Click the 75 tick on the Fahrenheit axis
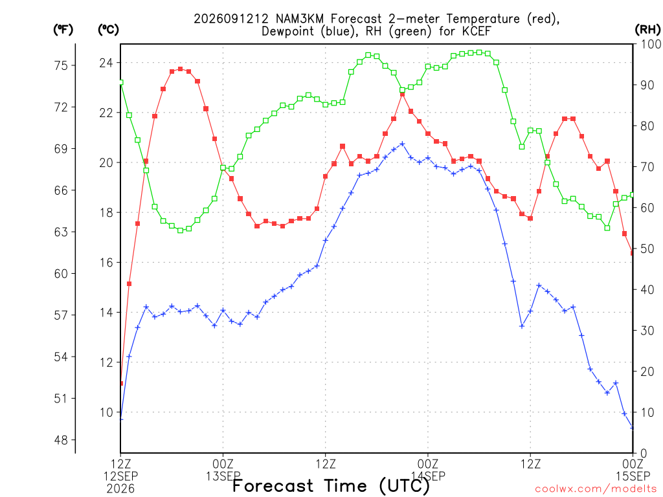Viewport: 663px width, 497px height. [61, 65]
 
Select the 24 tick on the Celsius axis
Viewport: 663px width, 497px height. [106, 63]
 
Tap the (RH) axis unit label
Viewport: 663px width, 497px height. [647, 29]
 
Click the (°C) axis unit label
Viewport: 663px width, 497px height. [108, 29]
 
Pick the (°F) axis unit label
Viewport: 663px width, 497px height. [63, 29]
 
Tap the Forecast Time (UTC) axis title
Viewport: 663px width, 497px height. [331, 486]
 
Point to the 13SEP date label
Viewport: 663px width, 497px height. [223, 476]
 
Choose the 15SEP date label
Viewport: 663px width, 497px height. [633, 476]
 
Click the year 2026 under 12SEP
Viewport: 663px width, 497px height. [120, 489]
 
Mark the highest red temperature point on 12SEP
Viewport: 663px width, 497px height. [181, 69]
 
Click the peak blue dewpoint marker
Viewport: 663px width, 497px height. [403, 144]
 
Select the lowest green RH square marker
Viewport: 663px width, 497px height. [181, 230]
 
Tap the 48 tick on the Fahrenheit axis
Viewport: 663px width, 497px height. [61, 440]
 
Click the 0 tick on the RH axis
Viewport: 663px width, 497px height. [644, 454]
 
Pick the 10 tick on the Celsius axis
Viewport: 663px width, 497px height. [106, 412]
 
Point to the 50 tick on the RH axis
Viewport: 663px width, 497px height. [647, 249]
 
